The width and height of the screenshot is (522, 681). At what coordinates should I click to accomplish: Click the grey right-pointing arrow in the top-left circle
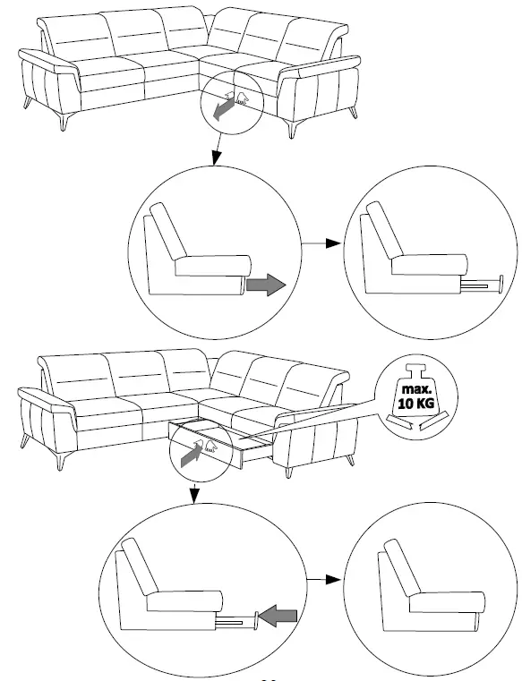[x=264, y=285]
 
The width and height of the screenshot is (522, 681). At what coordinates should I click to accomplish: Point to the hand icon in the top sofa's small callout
[x=239, y=96]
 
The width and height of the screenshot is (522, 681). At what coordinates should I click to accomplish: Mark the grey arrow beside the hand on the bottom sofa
[x=189, y=454]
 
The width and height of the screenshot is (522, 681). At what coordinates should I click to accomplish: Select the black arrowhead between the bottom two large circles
[x=333, y=579]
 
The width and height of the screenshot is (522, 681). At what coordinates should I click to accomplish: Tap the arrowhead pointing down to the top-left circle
[x=215, y=160]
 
